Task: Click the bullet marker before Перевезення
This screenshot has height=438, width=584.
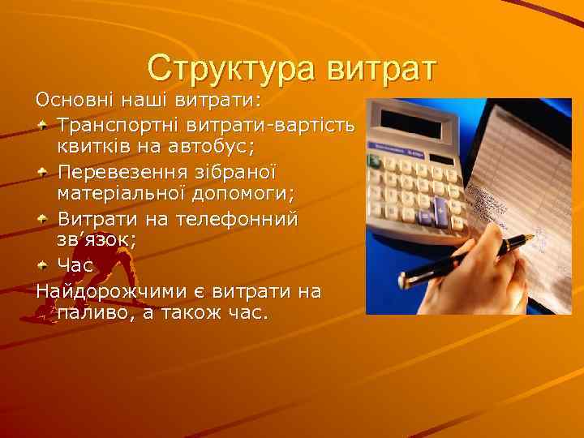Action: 43,174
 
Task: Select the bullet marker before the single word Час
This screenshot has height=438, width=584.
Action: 43,265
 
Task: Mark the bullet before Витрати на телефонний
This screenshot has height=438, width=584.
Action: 43,220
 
